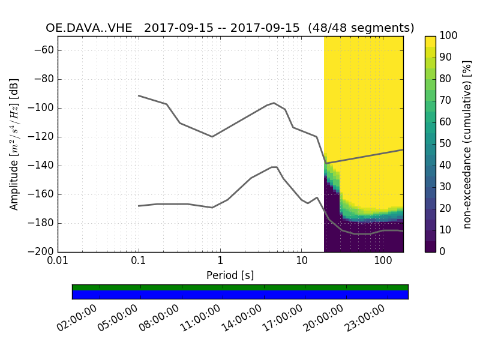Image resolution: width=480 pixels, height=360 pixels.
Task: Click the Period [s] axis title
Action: (230, 275)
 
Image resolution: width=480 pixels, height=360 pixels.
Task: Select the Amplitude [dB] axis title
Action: (14, 144)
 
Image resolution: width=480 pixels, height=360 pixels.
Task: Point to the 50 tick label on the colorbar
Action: (445, 144)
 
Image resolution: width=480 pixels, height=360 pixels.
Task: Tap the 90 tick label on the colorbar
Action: (445, 58)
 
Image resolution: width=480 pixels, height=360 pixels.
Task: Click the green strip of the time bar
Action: (240, 287)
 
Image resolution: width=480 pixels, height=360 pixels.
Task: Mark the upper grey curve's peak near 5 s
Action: (274, 103)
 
